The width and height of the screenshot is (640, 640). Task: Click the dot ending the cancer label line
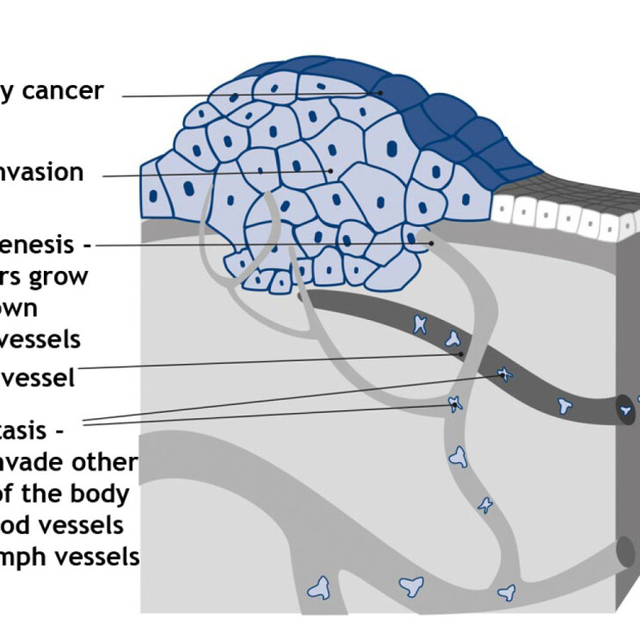point(377,92)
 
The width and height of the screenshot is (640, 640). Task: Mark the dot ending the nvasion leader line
point(330,171)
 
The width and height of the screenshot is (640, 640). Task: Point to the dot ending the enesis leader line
point(432,244)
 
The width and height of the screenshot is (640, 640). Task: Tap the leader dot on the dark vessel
point(461,354)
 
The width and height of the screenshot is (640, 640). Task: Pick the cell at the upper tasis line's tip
point(504,374)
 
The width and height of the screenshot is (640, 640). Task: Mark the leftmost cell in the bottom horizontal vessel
point(320,588)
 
